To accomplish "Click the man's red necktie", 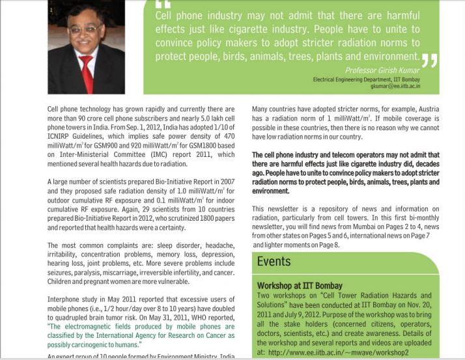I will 85,72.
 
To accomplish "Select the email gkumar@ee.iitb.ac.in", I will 395,85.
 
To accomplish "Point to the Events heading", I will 274,261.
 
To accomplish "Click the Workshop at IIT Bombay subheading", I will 300,286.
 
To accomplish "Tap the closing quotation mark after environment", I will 429,61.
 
